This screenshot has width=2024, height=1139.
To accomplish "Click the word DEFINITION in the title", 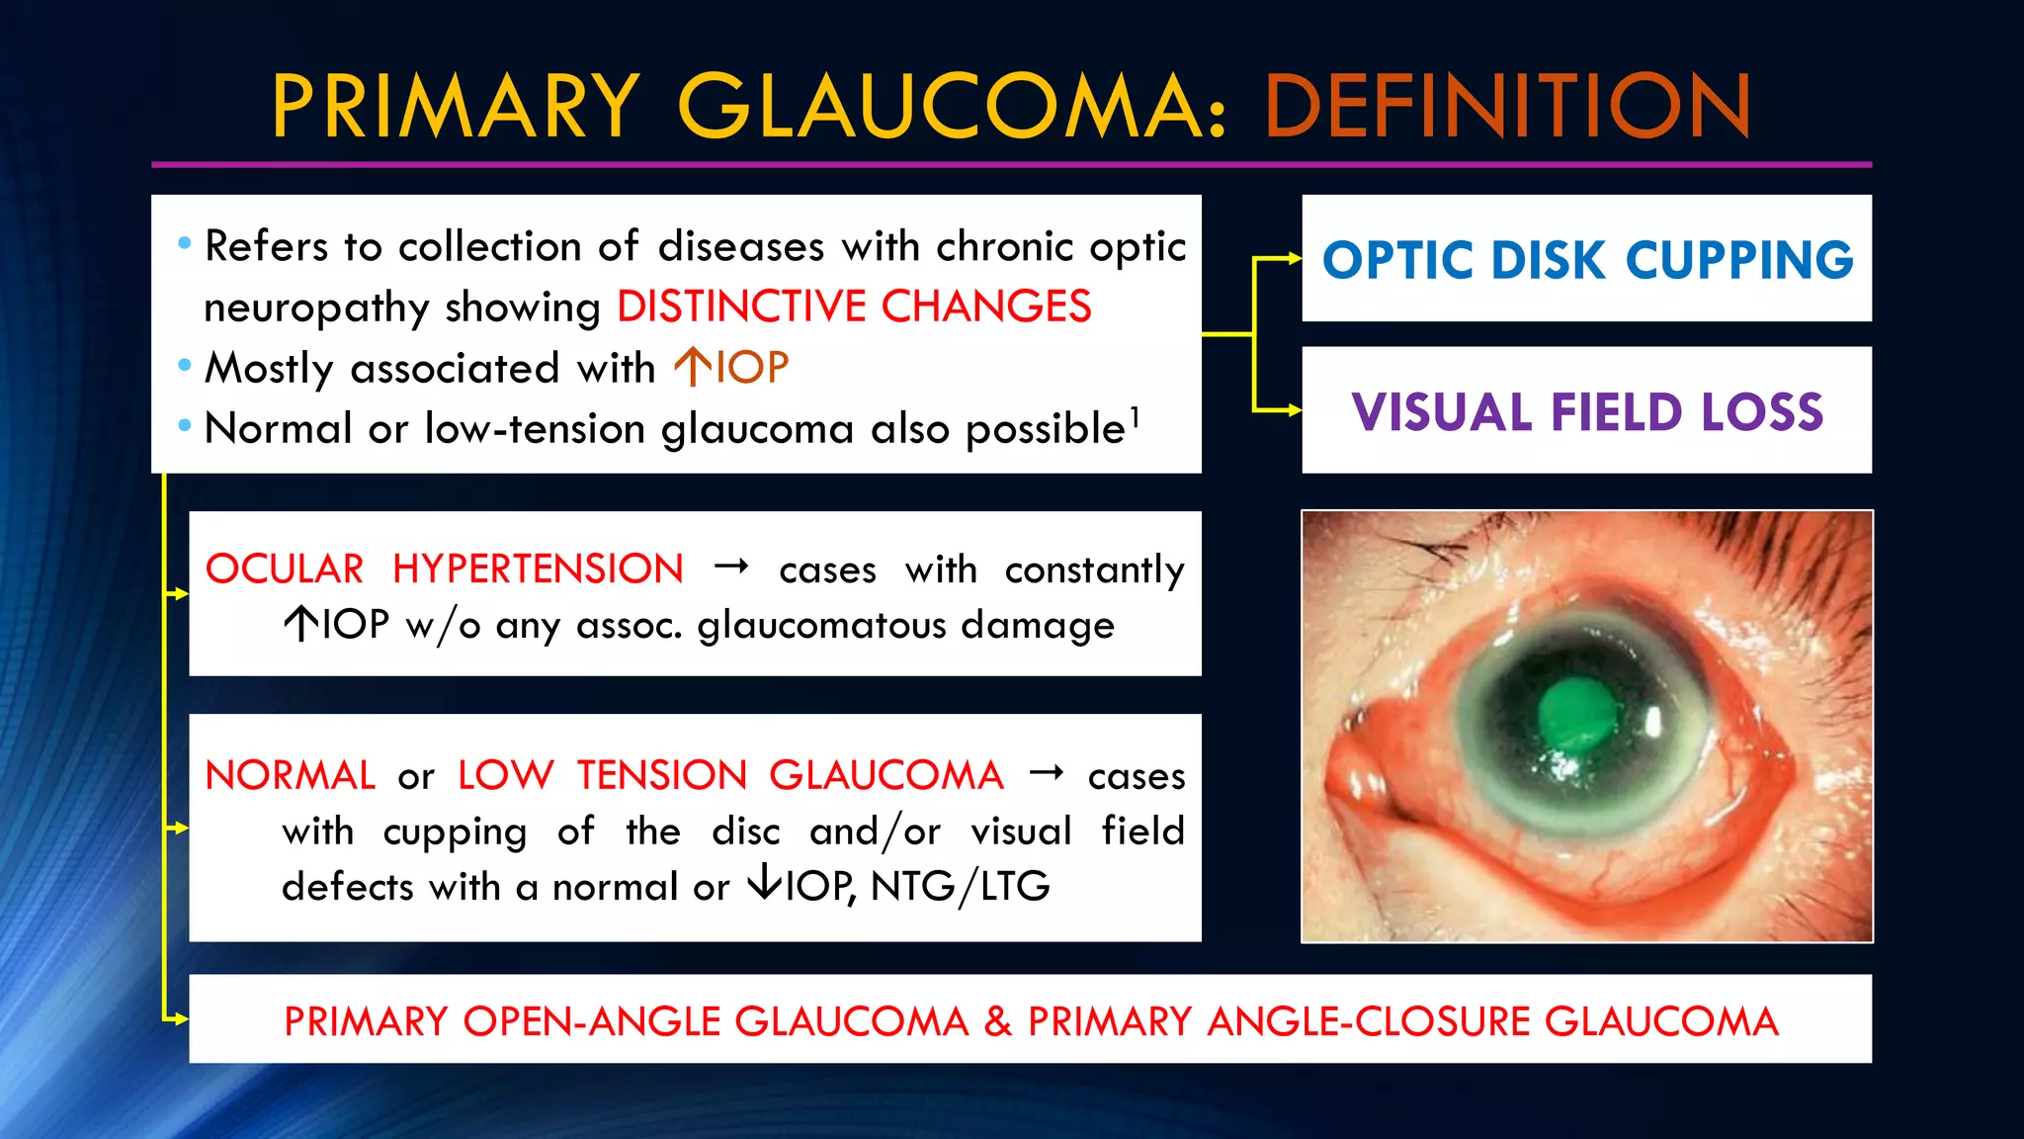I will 1507,106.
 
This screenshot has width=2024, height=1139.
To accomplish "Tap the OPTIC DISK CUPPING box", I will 1587,259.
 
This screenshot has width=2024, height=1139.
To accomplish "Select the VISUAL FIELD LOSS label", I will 1587,411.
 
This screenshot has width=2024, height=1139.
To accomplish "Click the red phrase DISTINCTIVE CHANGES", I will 854,307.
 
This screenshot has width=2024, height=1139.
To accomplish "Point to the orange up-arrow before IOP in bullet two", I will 692,367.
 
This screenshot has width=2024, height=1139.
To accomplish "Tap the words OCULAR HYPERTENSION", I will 444,569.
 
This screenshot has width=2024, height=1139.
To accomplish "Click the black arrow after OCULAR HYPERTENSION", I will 731,568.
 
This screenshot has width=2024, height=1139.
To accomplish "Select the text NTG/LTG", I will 960,886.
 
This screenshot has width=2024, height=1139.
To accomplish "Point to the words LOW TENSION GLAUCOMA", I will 730,775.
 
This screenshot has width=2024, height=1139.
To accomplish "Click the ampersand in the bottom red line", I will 997,1021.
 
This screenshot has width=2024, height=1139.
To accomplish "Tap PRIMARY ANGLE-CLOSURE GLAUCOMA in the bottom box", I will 1403,1021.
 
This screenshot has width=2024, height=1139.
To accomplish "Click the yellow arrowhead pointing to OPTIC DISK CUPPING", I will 1294,259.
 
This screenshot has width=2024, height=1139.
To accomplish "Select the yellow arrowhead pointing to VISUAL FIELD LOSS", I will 1294,409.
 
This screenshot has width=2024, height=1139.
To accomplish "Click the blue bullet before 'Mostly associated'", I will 185,366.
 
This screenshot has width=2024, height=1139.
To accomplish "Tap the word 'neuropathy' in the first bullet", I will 315,307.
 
